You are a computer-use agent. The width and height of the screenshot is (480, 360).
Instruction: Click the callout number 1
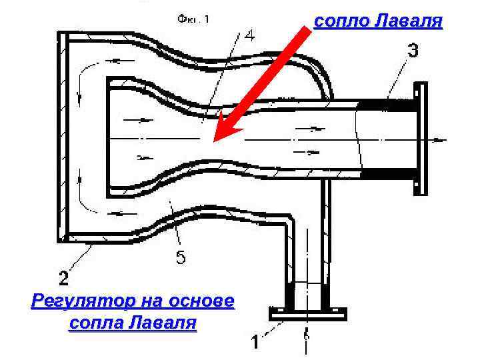255,342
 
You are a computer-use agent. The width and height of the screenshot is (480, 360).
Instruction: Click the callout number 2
65,275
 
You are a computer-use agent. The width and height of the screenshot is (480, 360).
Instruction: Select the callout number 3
413,51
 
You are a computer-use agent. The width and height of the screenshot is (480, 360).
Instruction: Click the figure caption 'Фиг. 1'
193,19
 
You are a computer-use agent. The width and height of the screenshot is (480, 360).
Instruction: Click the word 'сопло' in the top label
341,22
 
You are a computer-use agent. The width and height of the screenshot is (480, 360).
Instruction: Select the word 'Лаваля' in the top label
408,22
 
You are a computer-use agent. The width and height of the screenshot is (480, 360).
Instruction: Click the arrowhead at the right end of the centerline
440,140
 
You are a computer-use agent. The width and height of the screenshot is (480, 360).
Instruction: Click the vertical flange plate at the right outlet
421,138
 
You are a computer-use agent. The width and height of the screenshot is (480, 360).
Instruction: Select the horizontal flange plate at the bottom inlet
306,313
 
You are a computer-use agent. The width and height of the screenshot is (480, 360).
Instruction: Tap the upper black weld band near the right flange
387,105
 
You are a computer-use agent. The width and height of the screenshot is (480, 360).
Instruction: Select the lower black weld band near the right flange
387,175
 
